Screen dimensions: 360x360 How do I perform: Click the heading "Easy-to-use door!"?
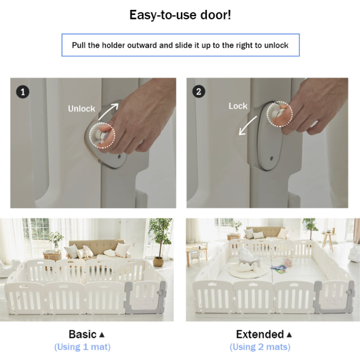[180, 15]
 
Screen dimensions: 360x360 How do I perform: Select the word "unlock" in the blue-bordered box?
[276, 45]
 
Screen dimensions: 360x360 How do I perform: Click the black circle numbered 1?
[22, 92]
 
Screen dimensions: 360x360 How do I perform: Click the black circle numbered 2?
[198, 92]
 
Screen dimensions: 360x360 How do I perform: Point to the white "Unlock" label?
[81, 108]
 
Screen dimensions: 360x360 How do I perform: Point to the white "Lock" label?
[238, 106]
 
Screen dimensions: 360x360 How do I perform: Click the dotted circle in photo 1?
[89, 135]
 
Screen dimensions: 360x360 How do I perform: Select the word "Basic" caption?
[82, 334]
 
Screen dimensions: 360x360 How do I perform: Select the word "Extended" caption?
[260, 334]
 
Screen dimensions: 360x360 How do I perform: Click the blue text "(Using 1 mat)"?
[82, 346]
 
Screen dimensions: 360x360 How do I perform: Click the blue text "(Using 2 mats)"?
[260, 346]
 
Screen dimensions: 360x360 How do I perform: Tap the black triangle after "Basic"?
[102, 335]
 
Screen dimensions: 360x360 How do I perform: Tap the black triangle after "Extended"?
[289, 335]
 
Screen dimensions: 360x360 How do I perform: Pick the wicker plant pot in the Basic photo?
[158, 261]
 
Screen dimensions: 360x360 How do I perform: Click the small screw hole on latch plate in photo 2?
[272, 158]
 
